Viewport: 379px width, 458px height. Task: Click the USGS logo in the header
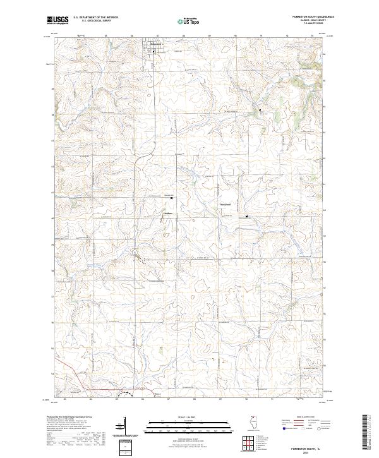click(57, 20)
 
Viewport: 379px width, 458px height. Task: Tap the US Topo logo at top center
click(189, 21)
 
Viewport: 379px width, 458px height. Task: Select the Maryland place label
click(226, 204)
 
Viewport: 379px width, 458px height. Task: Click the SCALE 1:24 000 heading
click(181, 416)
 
